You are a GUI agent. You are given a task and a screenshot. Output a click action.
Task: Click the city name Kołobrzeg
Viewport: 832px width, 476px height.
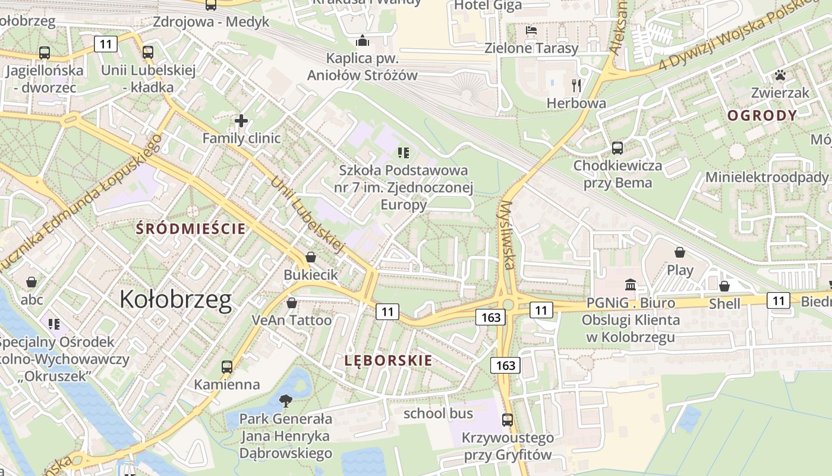[175, 299]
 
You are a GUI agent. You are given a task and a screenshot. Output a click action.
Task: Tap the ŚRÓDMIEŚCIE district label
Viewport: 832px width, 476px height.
[191, 228]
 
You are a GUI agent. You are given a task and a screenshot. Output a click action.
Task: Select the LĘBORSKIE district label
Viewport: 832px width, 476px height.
[389, 360]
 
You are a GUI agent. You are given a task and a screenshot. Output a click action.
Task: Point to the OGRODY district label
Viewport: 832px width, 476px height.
[762, 115]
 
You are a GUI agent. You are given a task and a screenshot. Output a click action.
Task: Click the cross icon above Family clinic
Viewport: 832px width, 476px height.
[241, 121]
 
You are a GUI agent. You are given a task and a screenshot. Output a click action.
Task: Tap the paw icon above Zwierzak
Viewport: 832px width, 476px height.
[780, 76]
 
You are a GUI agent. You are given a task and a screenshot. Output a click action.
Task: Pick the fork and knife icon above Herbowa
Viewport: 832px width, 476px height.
[576, 86]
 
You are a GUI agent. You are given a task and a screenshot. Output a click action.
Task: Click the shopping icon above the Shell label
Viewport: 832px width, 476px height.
[724, 286]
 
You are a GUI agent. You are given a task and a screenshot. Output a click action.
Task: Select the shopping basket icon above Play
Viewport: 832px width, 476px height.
[680, 252]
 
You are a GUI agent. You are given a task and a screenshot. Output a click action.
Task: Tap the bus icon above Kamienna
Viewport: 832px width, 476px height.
[227, 367]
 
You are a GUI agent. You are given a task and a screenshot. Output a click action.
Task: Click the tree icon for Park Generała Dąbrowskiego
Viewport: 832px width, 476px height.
[286, 400]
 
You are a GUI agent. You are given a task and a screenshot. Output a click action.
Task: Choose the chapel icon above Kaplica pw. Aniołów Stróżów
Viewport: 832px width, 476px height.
[362, 40]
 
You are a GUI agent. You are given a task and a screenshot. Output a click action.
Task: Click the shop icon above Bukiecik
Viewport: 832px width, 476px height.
[310, 257]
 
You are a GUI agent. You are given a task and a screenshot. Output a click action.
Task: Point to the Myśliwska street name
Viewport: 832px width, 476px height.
[506, 234]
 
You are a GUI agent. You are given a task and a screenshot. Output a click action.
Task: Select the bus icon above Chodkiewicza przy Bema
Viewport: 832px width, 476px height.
[617, 148]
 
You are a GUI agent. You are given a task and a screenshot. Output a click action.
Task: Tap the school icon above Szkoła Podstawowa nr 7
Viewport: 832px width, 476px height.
[404, 153]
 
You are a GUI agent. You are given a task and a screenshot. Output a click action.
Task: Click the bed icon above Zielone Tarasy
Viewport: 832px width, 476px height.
[531, 30]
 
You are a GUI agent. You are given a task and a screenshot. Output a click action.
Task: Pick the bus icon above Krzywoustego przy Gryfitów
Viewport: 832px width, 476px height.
[507, 419]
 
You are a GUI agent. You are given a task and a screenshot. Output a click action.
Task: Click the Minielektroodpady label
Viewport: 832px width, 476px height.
[766, 177]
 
